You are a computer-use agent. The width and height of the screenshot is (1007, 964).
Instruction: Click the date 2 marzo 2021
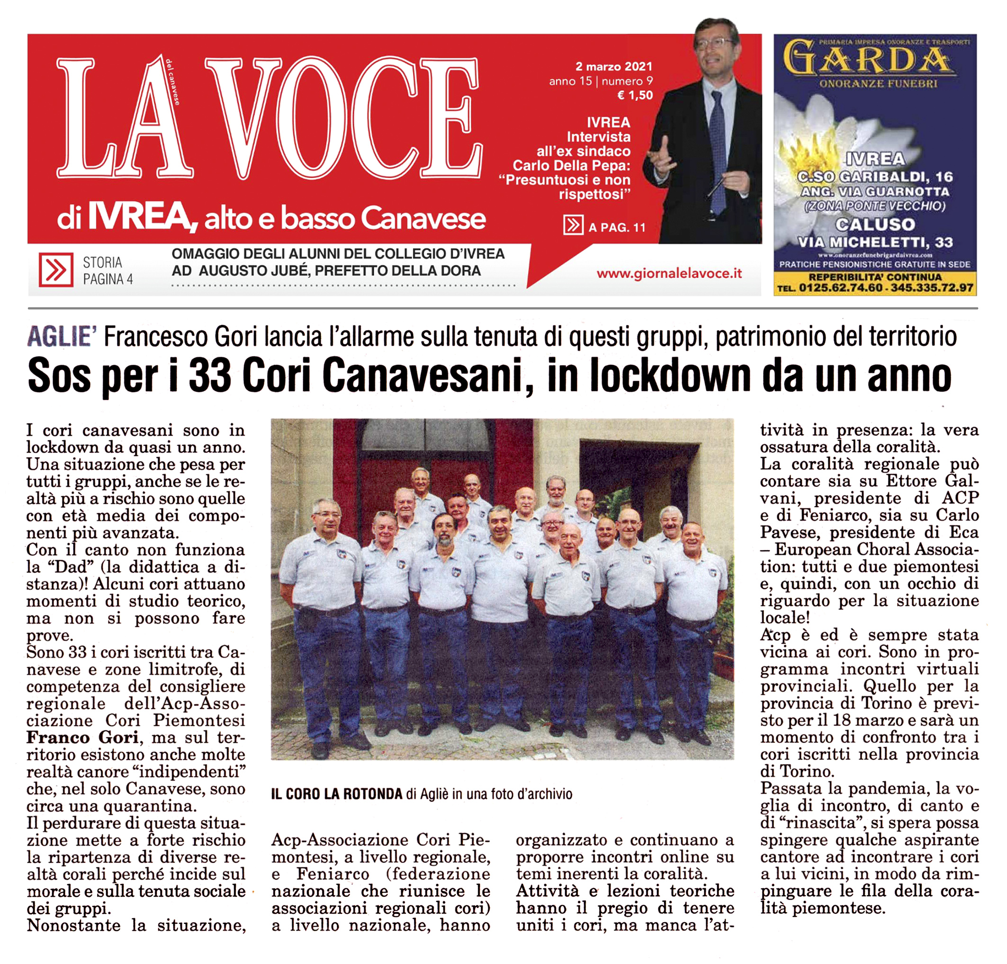point(613,66)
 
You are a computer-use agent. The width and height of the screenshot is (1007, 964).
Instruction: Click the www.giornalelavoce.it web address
point(669,273)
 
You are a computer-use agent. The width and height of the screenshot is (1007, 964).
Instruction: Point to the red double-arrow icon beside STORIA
point(55,269)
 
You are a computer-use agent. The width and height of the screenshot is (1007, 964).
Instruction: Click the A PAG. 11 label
point(617,228)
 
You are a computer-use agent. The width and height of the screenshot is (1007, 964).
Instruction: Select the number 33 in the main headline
point(210,376)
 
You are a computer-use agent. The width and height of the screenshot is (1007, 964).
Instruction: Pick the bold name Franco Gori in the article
point(83,738)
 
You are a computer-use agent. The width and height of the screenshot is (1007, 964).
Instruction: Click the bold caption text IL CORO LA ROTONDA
point(336,794)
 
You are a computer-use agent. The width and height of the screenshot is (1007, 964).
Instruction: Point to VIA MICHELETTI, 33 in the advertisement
point(875,242)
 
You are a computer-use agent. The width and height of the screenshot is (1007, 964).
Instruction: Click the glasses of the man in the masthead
point(716,43)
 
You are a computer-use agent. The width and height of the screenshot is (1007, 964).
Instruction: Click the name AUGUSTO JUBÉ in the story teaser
point(254,271)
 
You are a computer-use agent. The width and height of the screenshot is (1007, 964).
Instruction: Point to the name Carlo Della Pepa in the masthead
point(571,165)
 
